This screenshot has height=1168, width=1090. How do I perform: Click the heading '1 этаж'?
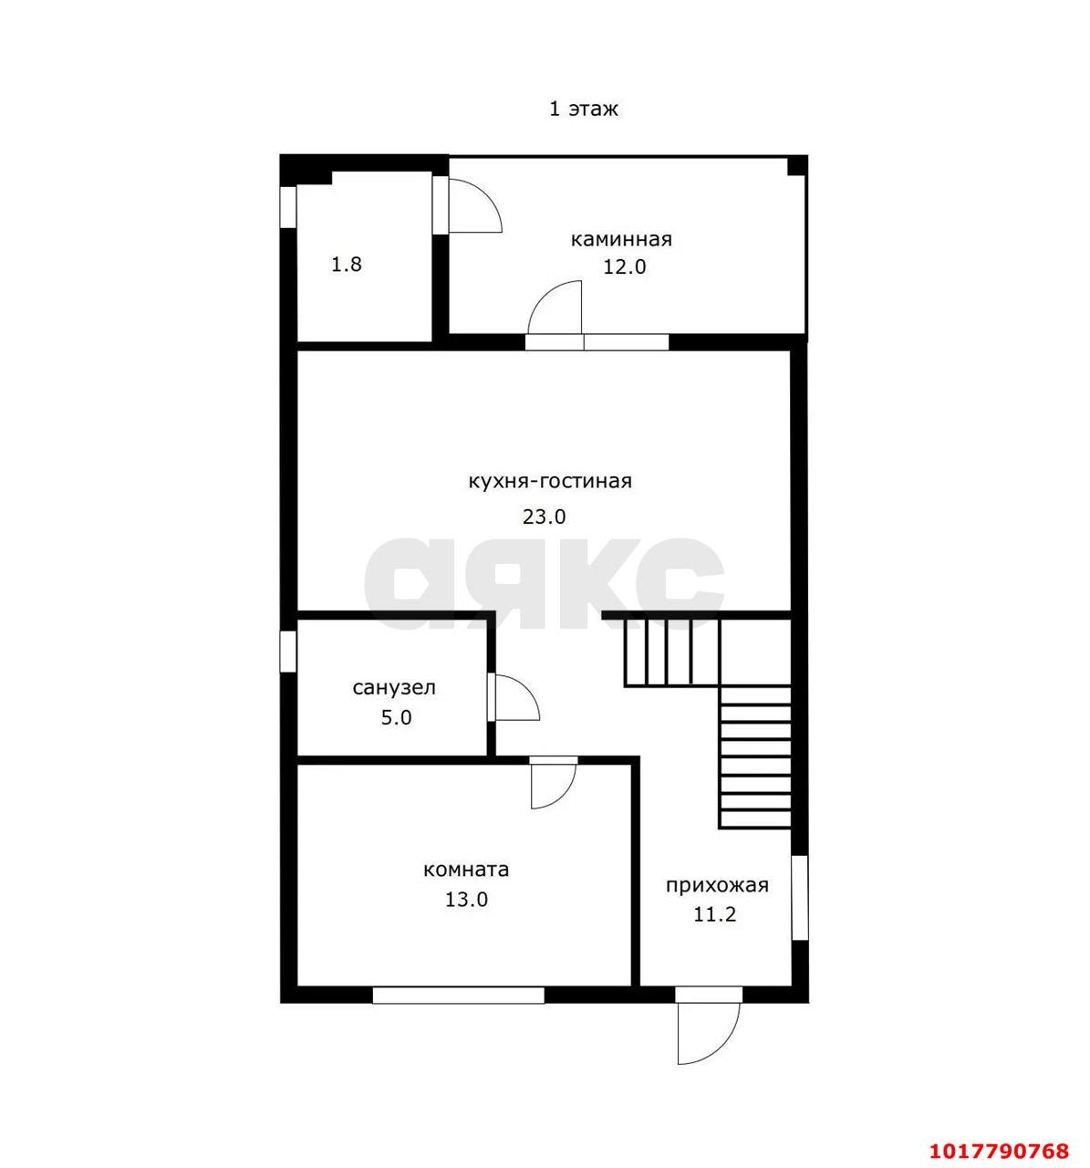[583, 109]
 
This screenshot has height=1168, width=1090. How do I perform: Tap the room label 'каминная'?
[621, 239]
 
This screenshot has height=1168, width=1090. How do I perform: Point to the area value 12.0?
[624, 267]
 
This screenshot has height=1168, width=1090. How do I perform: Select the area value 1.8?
[347, 264]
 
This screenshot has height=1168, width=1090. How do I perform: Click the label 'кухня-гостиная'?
[550, 482]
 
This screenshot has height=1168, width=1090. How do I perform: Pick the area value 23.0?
[544, 516]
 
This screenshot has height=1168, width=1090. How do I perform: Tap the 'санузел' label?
[394, 687]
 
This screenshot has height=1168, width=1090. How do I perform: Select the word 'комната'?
[466, 869]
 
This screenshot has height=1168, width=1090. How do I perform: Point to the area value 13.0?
[466, 899]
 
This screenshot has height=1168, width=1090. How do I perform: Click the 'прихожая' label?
[717, 885]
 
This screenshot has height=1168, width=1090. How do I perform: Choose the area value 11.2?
[715, 914]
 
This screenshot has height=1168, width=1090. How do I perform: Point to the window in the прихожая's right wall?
[799, 898]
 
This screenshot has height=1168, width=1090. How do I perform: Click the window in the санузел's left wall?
[287, 651]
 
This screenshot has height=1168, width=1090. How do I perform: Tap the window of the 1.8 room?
[287, 207]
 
